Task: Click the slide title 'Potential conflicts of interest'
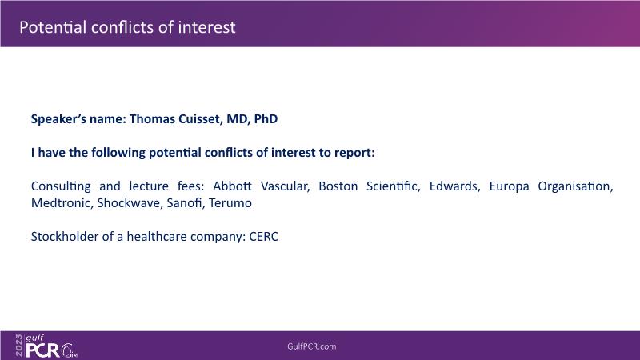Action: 127,27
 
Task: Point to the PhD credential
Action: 266,118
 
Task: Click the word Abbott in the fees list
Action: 232,186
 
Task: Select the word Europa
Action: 509,186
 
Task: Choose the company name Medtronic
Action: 62,203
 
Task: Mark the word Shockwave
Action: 130,203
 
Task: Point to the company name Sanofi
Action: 186,203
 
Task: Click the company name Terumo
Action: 230,203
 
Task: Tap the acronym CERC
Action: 264,237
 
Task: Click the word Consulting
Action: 61,186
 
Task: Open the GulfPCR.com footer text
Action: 312,346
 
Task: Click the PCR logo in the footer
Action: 42,350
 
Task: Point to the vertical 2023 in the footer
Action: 19,346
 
